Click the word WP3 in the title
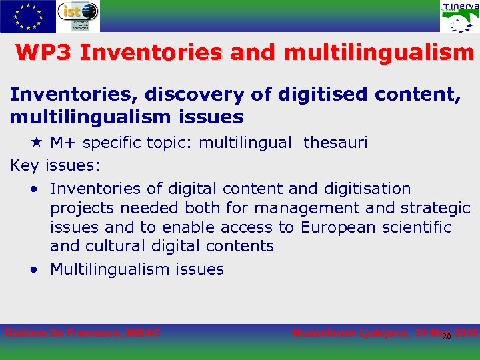pyautogui.click(x=42, y=53)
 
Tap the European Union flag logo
pyautogui.click(x=28, y=17)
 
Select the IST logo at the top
pyautogui.click(x=78, y=16)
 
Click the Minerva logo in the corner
pyautogui.click(x=459, y=17)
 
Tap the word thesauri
pyautogui.click(x=335, y=142)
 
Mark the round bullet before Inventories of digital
pyautogui.click(x=33, y=189)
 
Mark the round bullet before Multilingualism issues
pyautogui.click(x=33, y=270)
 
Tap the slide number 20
pyautogui.click(x=447, y=336)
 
